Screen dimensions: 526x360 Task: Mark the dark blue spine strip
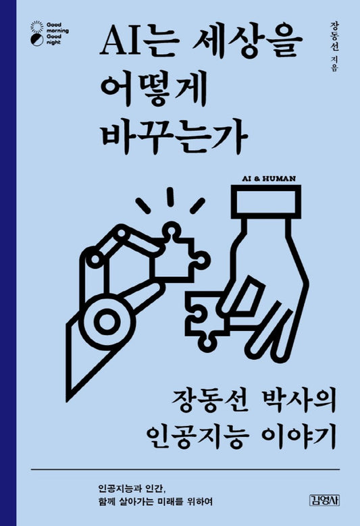tap(7, 263)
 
